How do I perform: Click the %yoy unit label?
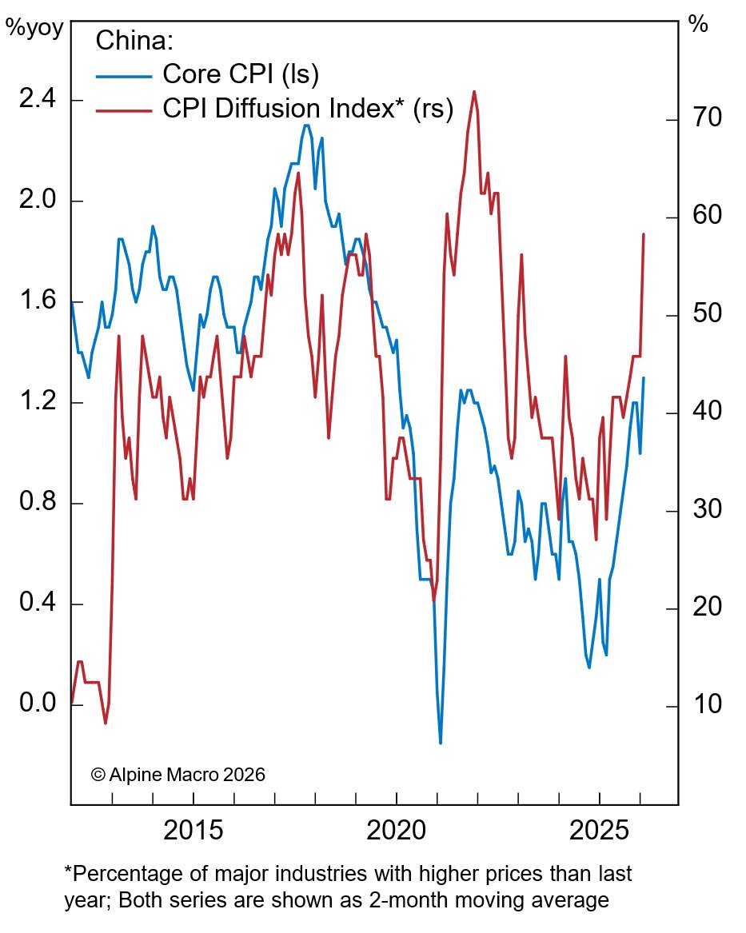30,26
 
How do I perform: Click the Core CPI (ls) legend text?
241,74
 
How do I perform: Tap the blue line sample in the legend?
124,76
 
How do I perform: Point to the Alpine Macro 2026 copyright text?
178,775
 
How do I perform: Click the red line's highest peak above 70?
474,91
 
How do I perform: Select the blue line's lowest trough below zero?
441,743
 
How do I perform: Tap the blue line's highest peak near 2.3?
306,125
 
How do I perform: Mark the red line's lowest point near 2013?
106,723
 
